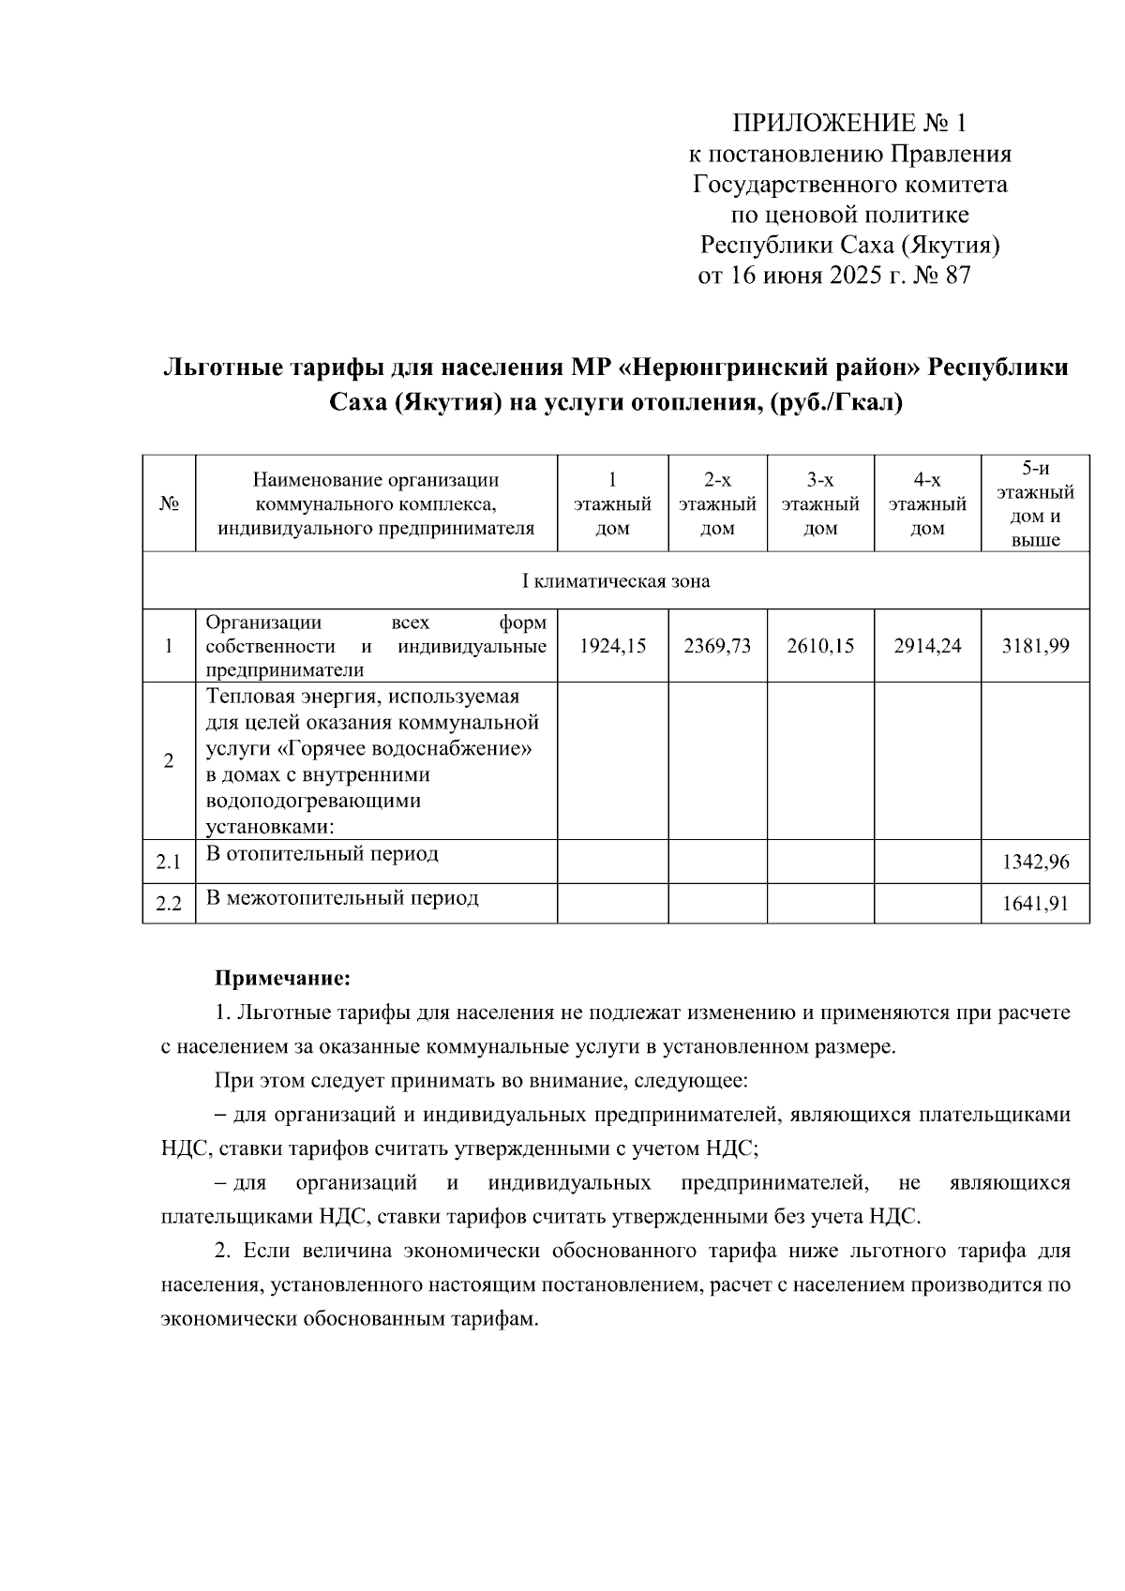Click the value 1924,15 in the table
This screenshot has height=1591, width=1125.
coord(613,646)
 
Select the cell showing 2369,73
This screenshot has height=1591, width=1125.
coord(717,646)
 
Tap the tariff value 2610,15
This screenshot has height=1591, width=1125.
coord(820,646)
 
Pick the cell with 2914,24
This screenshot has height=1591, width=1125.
coord(927,646)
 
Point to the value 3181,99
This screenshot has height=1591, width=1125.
coord(1035,646)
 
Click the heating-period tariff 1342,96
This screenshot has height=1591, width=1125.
coord(1035,862)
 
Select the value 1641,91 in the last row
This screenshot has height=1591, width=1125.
coord(1035,905)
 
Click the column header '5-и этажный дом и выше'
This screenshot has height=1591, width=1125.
coord(1035,503)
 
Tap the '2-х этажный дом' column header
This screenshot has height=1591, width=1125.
coord(717,504)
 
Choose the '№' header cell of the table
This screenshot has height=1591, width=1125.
coord(169,504)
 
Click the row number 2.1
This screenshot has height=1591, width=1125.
coord(169,862)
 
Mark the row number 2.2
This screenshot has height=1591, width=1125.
coord(169,905)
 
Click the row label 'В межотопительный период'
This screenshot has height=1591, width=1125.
coord(342,898)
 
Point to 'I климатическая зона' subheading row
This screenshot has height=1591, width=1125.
coord(615,581)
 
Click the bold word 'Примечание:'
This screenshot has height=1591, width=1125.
coord(282,979)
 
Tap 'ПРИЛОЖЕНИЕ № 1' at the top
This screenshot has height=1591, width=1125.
coord(847,124)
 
